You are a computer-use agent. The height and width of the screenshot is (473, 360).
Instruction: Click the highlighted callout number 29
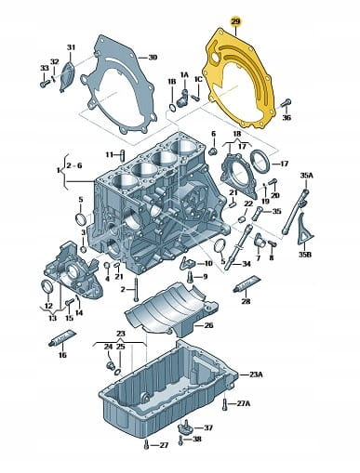(235, 21)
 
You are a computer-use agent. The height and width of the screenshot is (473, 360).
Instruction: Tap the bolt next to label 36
(286, 103)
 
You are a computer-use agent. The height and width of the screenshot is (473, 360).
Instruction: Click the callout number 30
(153, 58)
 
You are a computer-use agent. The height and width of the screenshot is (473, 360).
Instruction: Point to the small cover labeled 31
(67, 77)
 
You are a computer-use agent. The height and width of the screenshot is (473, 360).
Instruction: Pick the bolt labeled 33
(45, 83)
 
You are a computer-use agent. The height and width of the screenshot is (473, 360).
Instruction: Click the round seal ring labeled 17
(260, 161)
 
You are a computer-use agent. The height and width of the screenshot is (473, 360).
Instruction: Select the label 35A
(307, 176)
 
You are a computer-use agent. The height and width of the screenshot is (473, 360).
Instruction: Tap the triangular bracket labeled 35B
(304, 230)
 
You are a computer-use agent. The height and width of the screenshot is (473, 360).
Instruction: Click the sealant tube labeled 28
(247, 283)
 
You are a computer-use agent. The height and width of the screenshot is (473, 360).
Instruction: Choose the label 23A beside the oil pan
(256, 374)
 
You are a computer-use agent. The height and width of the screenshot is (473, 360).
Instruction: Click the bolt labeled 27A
(224, 403)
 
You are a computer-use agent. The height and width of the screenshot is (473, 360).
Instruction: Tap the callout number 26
(208, 325)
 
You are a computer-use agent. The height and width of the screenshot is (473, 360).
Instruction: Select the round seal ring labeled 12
(47, 286)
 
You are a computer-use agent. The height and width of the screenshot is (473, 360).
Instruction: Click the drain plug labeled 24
(110, 365)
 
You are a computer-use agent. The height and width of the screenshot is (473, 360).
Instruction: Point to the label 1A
(184, 74)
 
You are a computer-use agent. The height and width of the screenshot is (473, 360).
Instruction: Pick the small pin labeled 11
(122, 155)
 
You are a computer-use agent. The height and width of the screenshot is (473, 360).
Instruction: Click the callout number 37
(208, 427)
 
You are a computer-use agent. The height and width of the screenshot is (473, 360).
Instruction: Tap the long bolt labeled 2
(136, 289)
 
